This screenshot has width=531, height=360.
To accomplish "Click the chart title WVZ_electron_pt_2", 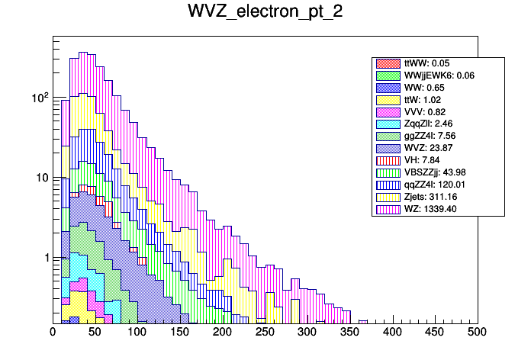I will point(265,13).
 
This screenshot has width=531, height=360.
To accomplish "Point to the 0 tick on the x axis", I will point(53,332).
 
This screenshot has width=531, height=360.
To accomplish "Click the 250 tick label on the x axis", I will point(265,332).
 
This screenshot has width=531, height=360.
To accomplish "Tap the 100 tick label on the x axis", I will point(137,332).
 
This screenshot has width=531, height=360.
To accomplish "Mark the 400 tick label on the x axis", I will point(393,332).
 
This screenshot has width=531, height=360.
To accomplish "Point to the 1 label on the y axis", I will point(43,258).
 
